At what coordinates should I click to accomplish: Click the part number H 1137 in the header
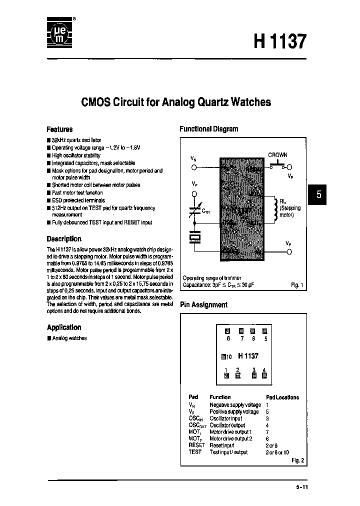click(x=280, y=41)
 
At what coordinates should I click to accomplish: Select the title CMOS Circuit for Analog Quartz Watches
click(x=176, y=102)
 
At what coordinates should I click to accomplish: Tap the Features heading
click(x=59, y=129)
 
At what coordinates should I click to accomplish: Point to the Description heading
click(x=64, y=239)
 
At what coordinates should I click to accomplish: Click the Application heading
click(x=64, y=327)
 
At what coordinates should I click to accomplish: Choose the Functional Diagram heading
click(x=209, y=129)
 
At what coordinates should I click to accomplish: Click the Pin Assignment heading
click(x=203, y=304)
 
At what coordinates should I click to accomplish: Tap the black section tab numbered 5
click(x=318, y=195)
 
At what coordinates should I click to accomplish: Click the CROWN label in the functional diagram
click(x=277, y=155)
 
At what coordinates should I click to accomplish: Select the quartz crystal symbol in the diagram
click(x=195, y=238)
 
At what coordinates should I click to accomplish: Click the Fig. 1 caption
click(x=297, y=285)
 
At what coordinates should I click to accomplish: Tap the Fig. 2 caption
click(x=297, y=460)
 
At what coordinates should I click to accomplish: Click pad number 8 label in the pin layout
click(x=228, y=339)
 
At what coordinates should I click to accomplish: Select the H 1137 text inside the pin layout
click(x=248, y=356)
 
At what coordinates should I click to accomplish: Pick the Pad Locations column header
click(x=282, y=397)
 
